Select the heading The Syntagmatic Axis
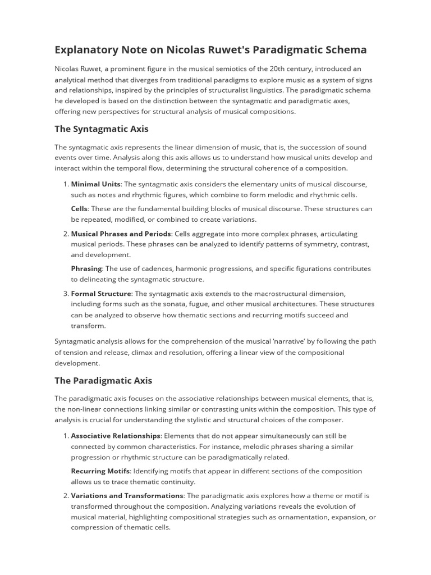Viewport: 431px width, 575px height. point(101,129)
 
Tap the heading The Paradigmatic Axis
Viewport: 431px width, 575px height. point(103,380)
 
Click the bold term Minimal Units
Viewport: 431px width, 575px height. point(96,184)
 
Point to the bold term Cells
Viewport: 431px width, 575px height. point(79,208)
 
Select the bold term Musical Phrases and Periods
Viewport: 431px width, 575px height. point(121,234)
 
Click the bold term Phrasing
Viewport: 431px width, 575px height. point(86,268)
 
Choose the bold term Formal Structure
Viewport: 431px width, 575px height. point(101,294)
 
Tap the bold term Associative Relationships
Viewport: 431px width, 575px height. point(116,436)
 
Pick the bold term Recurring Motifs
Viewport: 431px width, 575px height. point(100,471)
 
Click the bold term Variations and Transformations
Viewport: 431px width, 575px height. point(127,496)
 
